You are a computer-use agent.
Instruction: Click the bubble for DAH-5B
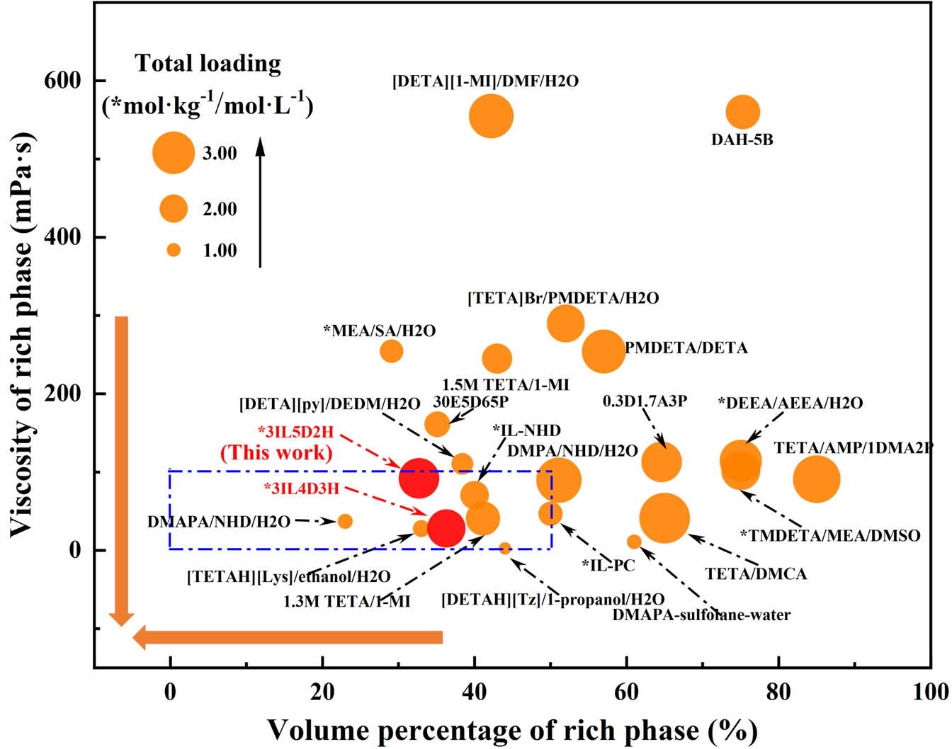pyautogui.click(x=743, y=112)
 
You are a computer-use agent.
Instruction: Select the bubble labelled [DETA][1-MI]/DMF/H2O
pyautogui.click(x=491, y=116)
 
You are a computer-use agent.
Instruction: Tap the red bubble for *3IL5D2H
pyautogui.click(x=419, y=478)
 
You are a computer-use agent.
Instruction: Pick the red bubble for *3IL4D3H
pyautogui.click(x=446, y=528)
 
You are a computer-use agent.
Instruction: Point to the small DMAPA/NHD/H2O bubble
pyautogui.click(x=345, y=521)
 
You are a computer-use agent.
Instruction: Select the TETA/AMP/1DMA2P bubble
pyautogui.click(x=817, y=479)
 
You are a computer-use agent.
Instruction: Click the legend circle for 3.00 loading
pyautogui.click(x=174, y=152)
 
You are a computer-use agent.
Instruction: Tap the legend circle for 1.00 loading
pyautogui.click(x=174, y=250)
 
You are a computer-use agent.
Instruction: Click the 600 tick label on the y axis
pyautogui.click(x=63, y=81)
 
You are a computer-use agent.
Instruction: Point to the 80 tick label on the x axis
pyautogui.click(x=778, y=692)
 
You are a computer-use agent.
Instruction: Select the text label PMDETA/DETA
pyautogui.click(x=686, y=348)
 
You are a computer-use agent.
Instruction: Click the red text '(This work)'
pyautogui.click(x=276, y=452)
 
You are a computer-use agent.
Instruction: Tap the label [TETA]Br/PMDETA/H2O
pyautogui.click(x=563, y=298)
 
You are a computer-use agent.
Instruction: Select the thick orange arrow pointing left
pyautogui.click(x=288, y=638)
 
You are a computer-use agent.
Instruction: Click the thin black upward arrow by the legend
pyautogui.click(x=260, y=202)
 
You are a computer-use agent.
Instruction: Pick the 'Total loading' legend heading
pyautogui.click(x=208, y=63)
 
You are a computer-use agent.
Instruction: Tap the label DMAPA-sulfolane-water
pyautogui.click(x=702, y=615)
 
